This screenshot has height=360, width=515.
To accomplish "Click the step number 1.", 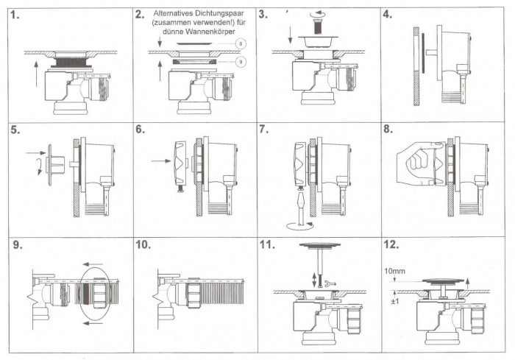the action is point(15,15).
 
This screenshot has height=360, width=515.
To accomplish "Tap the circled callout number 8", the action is point(241,43).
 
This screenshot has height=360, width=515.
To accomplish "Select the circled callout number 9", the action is point(241,62).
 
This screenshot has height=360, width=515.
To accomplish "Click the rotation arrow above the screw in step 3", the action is point(318,14).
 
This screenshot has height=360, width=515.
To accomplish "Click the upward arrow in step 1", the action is point(36,74).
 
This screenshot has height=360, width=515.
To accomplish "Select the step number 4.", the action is point(388,15).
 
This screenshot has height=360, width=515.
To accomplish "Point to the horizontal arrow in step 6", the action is point(161,160).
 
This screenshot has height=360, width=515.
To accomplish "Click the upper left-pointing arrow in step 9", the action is point(93,264).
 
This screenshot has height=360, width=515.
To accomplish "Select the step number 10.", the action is point(143,245).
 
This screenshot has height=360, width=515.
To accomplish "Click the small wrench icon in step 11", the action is point(329,283).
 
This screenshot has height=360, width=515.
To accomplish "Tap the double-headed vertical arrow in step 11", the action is point(315,279).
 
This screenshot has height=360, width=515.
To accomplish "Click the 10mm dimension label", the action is point(395,271).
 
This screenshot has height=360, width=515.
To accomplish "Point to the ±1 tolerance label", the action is point(395,301).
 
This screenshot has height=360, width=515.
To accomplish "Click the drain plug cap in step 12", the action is point(443,280).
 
